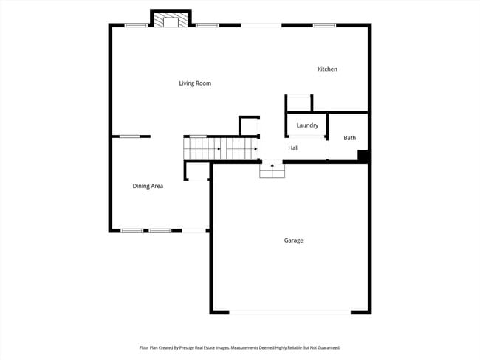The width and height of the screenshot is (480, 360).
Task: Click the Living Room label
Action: coord(195,83)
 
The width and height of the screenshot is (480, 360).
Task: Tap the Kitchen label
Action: coord(327,69)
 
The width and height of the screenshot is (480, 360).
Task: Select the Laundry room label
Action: coord(307,125)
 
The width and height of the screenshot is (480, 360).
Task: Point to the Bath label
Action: coord(349,138)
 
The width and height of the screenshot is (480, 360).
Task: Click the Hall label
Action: coord(293,148)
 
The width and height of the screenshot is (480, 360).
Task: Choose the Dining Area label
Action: coord(148,186)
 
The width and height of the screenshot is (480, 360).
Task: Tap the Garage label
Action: coord(293,240)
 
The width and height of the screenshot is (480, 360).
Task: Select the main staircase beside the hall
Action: coord(221,149)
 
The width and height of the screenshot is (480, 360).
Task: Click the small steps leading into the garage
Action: coord(272,170)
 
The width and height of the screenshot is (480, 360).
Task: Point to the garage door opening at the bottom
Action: coord(289,312)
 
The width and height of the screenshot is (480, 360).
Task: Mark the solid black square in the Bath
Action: coord(363,156)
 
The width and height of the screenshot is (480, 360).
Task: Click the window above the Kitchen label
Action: coord(324,26)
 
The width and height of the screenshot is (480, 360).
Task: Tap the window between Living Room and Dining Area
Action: coord(131,136)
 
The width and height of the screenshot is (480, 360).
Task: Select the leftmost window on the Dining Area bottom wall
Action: coord(132,231)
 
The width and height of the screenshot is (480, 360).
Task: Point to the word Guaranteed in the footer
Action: coord(325,347)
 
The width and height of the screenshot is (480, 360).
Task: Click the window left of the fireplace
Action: coord(136,26)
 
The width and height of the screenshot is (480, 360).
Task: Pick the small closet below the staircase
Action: coord(197,171)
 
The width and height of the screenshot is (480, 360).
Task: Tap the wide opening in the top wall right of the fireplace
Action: coord(261,26)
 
